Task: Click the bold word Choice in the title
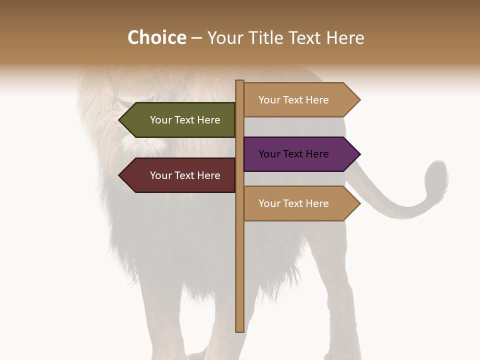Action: (x=156, y=37)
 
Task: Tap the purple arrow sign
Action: (x=295, y=154)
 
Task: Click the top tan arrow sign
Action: (x=295, y=100)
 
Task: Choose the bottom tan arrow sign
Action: (x=295, y=203)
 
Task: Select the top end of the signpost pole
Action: (x=239, y=81)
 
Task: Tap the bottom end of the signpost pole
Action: (x=239, y=330)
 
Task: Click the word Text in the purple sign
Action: (x=293, y=154)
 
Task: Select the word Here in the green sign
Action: (x=208, y=120)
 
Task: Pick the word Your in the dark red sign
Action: (x=160, y=175)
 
